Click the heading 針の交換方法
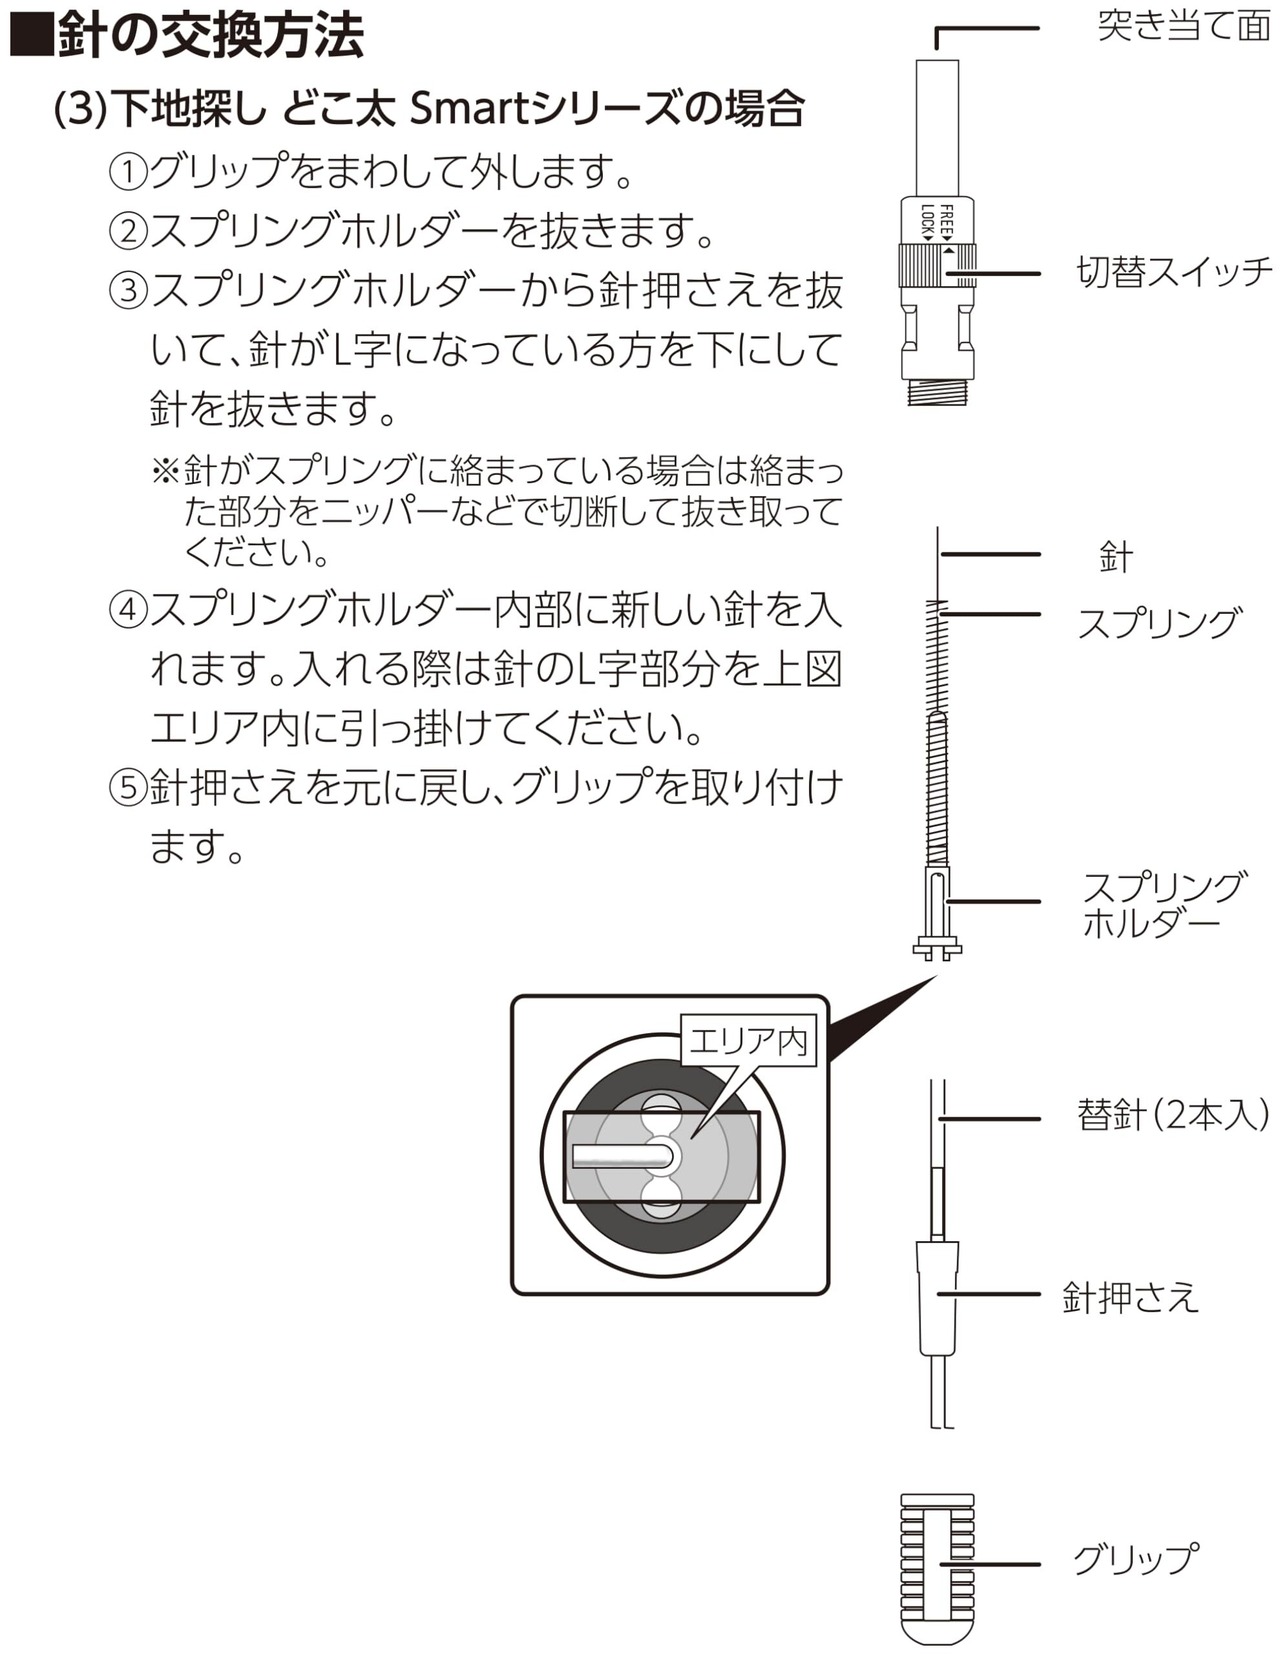[x=210, y=37]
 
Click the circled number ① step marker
[x=128, y=172]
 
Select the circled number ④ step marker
[x=128, y=609]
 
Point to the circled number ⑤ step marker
[x=128, y=788]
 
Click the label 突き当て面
[x=1183, y=26]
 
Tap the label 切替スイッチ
[x=1174, y=272]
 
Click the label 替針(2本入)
[x=1172, y=1114]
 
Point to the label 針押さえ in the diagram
[x=1130, y=1297]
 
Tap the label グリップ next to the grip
[x=1135, y=1559]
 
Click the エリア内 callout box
[x=748, y=1042]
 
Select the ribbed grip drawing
[x=937, y=1565]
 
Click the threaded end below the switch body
[x=938, y=390]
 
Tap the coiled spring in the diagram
[x=937, y=740]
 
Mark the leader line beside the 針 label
[x=990, y=554]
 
